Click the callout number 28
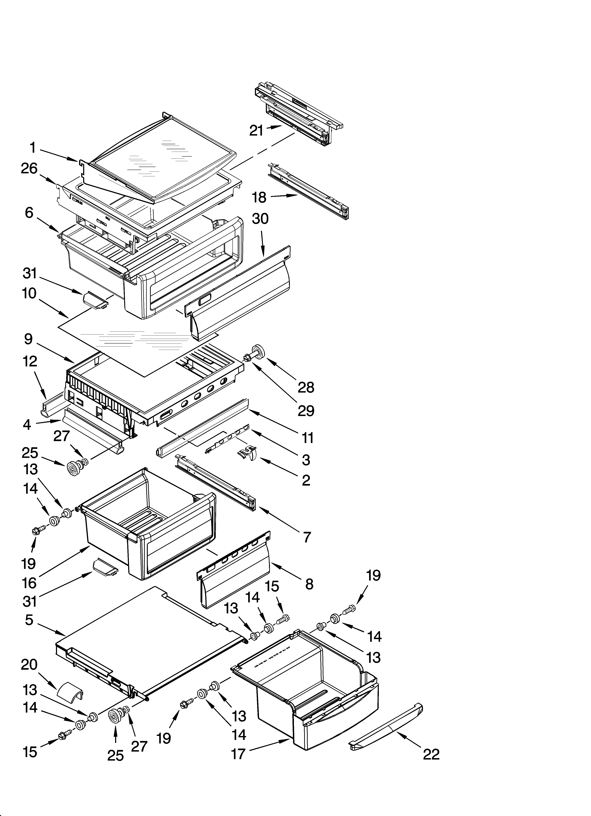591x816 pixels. tap(306, 387)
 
